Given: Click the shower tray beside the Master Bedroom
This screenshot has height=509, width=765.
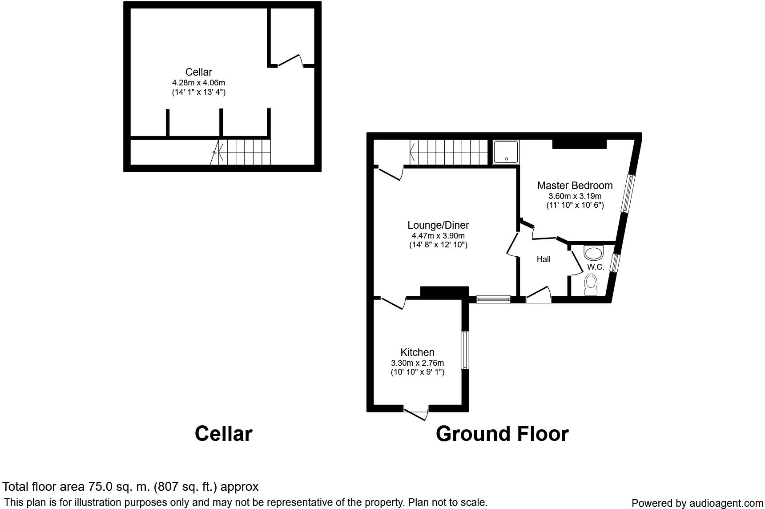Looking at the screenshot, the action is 506,152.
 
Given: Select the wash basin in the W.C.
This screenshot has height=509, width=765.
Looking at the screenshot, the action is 593,253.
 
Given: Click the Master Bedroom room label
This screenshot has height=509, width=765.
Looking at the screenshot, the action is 575,186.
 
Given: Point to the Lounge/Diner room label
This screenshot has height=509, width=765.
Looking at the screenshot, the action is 438,225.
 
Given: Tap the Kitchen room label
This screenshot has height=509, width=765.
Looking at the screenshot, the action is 417,352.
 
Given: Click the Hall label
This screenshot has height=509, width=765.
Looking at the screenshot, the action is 544,259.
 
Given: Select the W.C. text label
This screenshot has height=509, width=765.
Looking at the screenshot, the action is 596,267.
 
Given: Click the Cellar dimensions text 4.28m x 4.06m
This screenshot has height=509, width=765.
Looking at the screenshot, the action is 199,83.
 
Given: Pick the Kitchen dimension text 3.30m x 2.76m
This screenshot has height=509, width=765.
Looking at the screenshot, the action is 417,363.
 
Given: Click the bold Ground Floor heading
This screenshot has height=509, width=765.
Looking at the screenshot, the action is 502,434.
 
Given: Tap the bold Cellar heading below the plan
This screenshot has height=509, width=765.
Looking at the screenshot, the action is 223,434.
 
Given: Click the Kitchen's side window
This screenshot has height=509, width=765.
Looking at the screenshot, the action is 465,350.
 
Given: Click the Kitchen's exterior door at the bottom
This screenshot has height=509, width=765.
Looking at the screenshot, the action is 416,412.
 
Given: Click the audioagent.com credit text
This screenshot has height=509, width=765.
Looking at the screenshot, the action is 697,503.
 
